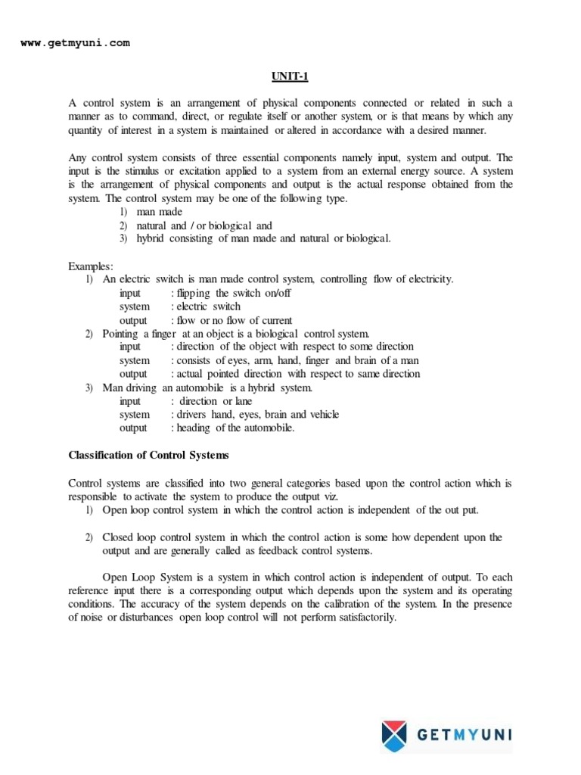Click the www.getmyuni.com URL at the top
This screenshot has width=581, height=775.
coord(74,43)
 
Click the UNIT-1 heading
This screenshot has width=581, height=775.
coord(290,76)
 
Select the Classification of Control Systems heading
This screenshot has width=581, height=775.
coord(149,456)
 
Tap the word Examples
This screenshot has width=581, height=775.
coord(90,266)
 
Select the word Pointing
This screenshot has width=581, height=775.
coord(121,333)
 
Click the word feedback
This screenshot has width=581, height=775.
coord(283,550)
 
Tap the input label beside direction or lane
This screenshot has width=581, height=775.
coord(130,401)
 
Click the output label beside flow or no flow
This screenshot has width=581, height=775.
coord(133,320)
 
